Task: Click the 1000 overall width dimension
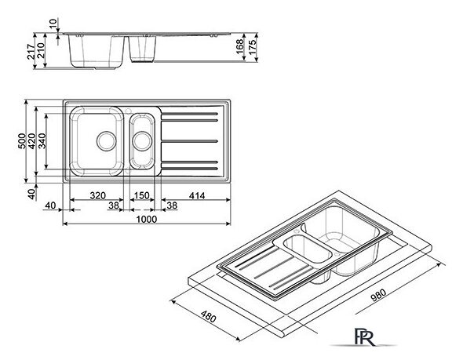coord(147,220)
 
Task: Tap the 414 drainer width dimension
coord(197,195)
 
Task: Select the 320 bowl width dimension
coord(98,195)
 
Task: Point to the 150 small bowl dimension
coord(142,195)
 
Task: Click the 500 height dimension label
coord(22,141)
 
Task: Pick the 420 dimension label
coord(32,141)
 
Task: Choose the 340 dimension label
coord(42,141)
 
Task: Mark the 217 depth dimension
coord(31,52)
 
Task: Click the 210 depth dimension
coord(41,50)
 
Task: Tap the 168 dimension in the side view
coord(240,46)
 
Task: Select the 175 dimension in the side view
coord(253,46)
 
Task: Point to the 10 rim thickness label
coord(53,24)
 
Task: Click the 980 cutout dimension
coord(378,295)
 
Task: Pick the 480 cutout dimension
coord(209,316)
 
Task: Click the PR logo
coord(364,337)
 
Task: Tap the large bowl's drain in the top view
coord(107,141)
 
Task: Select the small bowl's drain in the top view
coord(142,141)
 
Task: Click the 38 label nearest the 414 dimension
coord(172,205)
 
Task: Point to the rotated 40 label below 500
coord(31,194)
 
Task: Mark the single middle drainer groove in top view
coord(189,141)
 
